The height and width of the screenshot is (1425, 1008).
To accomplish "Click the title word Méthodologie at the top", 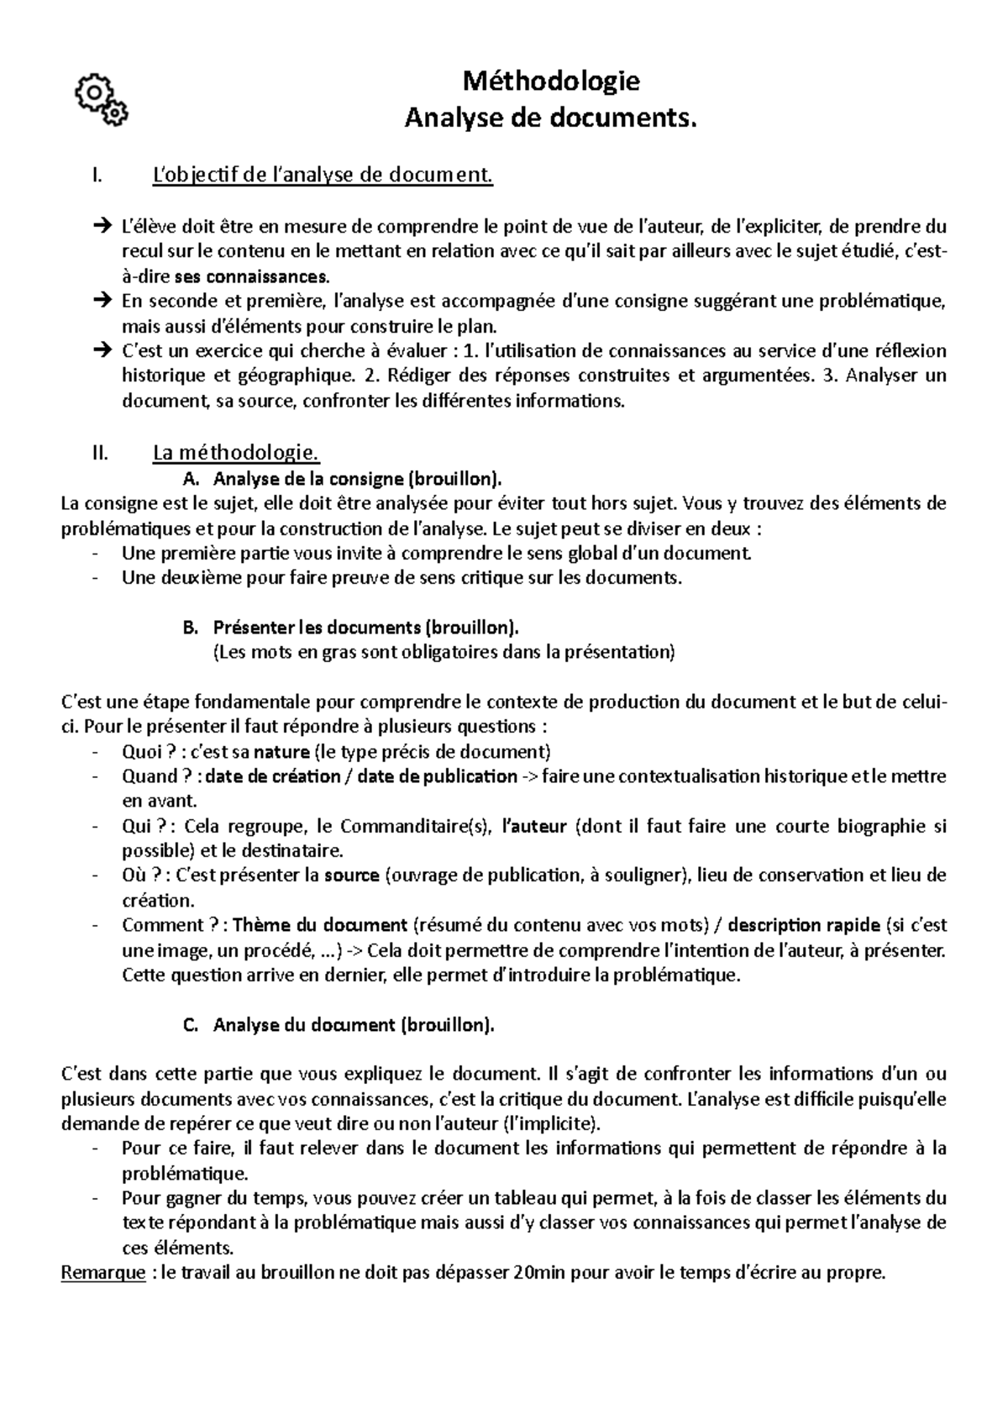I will point(551,82).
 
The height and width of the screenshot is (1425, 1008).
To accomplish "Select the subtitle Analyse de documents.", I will point(551,119).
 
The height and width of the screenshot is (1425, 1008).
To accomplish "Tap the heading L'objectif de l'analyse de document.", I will point(323,176).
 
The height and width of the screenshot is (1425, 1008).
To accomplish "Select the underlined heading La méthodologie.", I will point(235,454).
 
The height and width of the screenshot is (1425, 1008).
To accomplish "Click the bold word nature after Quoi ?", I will point(281,751).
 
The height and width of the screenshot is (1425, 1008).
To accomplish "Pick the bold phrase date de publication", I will point(437,776).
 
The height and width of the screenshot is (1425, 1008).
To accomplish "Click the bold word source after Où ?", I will point(352,876).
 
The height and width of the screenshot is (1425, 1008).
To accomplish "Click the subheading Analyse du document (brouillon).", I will point(354,1025).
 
